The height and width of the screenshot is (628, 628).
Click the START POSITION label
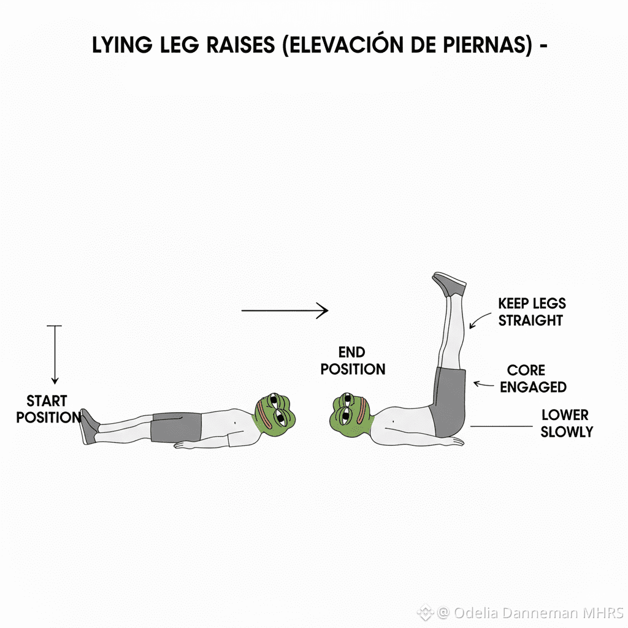coord(48,410)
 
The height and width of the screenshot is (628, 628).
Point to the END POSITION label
coord(353,361)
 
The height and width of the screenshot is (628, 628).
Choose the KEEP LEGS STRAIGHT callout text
coord(531,312)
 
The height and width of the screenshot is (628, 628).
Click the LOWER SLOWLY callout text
coord(565,423)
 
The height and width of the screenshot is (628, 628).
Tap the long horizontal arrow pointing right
coord(285,311)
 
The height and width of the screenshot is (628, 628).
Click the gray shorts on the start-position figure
coord(177,426)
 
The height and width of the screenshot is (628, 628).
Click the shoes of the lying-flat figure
coord(89,426)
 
